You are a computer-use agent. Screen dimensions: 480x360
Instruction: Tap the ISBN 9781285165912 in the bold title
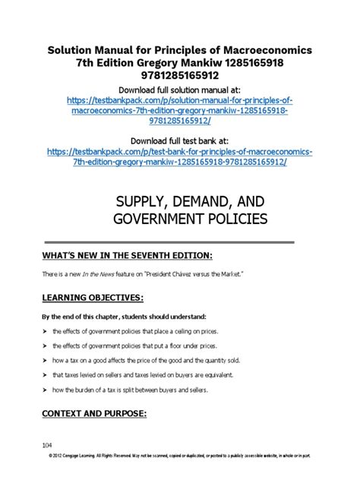(x=180, y=77)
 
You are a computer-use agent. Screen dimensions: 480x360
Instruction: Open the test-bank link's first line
(x=180, y=153)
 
